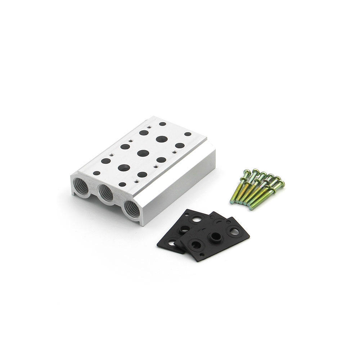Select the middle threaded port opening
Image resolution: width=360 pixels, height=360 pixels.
106,194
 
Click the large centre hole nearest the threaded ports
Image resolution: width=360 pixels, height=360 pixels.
124,167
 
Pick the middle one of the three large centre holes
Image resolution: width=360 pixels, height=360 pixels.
143,153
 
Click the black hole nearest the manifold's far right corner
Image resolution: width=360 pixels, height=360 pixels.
188,134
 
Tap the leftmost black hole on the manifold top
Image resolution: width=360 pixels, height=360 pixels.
96,173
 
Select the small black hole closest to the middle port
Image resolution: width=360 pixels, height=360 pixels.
122,184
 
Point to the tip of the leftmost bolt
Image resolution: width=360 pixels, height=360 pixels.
232,202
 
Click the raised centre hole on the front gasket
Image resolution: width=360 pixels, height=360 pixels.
216,236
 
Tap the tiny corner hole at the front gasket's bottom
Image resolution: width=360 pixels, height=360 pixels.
203,256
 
